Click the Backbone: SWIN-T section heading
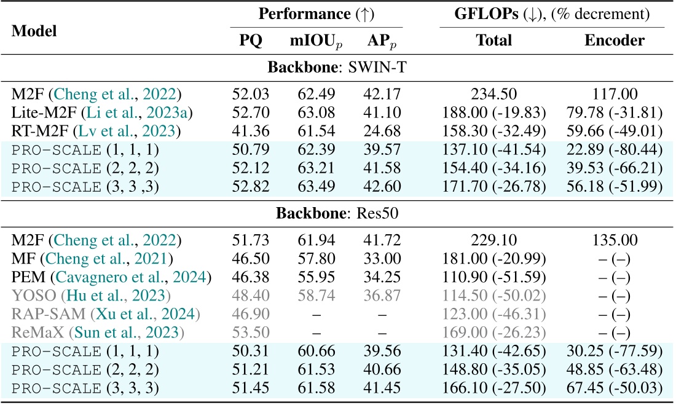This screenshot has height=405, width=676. coord(337,69)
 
